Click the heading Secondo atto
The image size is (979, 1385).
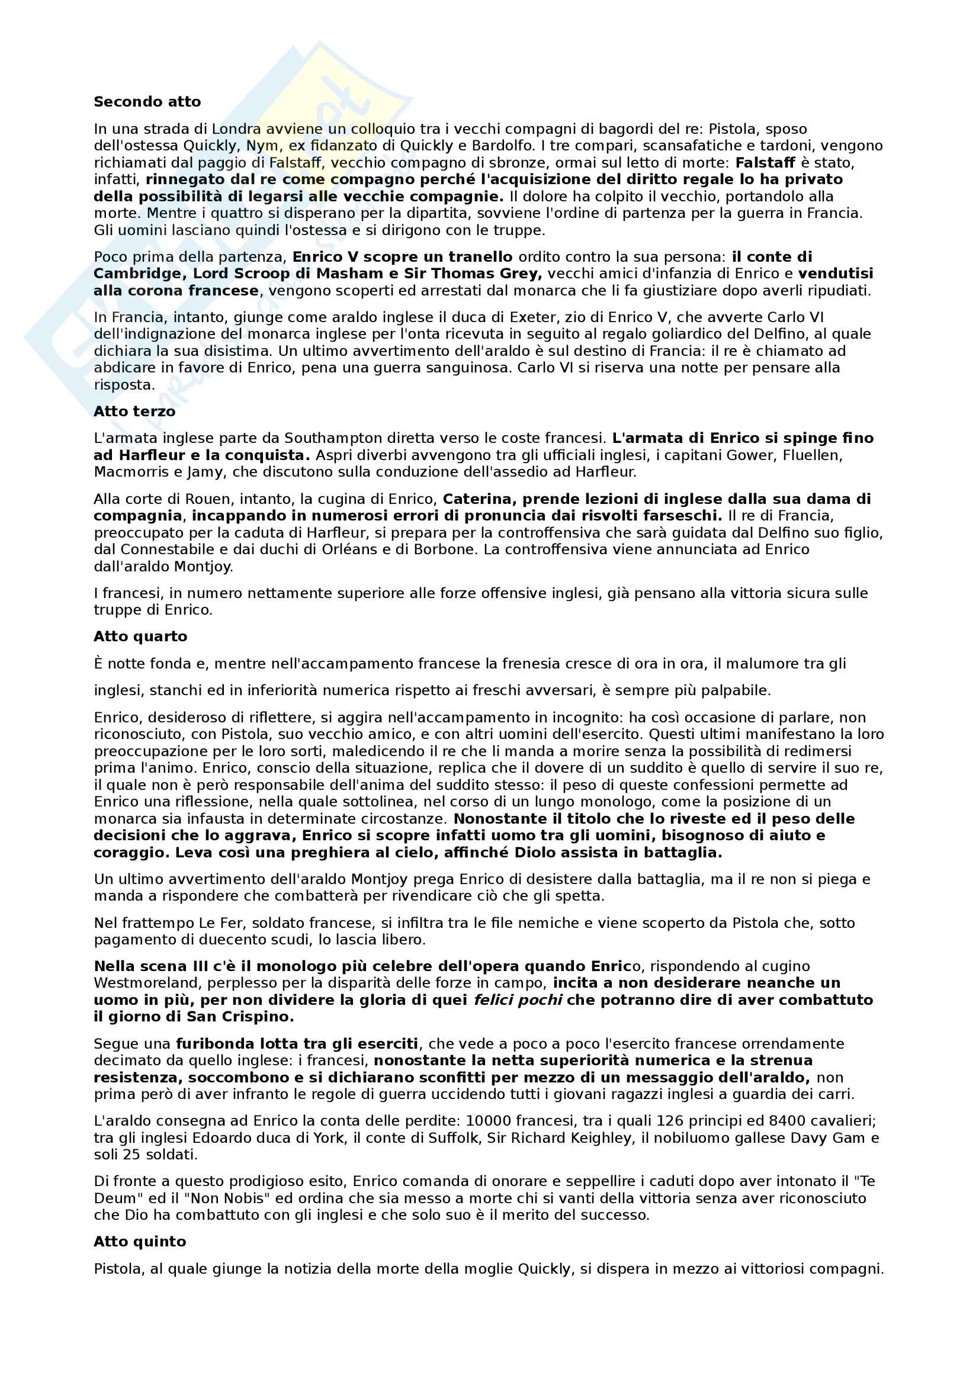(147, 102)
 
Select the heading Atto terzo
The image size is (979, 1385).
(134, 412)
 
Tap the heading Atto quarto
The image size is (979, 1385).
(140, 637)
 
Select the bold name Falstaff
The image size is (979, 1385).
(765, 162)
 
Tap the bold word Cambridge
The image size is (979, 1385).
(139, 274)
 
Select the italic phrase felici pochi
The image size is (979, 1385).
(518, 1000)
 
